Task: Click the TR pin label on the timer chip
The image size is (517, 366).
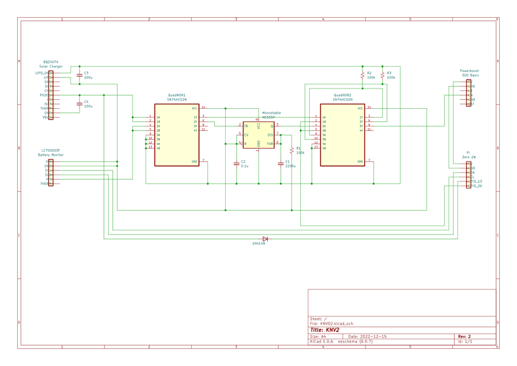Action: (246, 126)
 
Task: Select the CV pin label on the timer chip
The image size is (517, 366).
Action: (246, 135)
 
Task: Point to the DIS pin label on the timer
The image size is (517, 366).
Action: (270, 135)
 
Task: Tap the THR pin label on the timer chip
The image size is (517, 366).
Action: (270, 143)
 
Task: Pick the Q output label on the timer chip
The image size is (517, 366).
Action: (272, 126)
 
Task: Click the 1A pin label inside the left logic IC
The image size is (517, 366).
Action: (158, 117)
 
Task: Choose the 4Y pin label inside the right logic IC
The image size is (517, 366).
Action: (361, 130)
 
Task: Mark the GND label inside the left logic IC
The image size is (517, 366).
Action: (194, 162)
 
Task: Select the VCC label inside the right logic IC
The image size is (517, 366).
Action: (360, 108)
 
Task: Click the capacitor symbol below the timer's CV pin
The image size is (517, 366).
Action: (236, 163)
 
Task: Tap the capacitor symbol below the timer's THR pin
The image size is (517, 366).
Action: (280, 163)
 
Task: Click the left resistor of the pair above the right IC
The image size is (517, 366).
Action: (362, 75)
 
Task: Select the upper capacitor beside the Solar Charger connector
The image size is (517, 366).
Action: (79, 76)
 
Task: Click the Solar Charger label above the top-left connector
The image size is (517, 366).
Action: (51, 67)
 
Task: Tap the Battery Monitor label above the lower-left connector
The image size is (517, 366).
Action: (51, 155)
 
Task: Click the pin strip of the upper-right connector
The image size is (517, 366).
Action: (468, 93)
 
